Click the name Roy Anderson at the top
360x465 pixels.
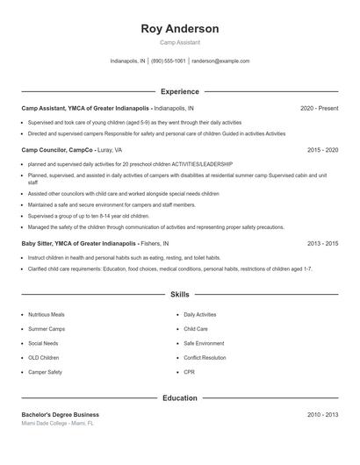180,29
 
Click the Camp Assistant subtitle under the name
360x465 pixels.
180,42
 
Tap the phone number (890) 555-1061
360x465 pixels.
169,61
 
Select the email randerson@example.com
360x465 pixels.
220,61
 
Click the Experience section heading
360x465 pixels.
180,91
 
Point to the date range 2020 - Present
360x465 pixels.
319,108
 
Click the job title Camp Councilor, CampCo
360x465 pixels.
58,150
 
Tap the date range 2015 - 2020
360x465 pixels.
322,150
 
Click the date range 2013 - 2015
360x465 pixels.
322,243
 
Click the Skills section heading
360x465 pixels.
180,295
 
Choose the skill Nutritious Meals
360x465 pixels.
46,314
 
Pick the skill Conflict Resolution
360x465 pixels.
205,358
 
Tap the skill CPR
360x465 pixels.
189,372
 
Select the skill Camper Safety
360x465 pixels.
45,372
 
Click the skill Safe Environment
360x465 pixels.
204,343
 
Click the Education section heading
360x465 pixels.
180,397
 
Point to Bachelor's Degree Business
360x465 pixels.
61,414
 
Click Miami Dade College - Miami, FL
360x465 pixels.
57,423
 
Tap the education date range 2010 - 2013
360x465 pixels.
322,414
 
